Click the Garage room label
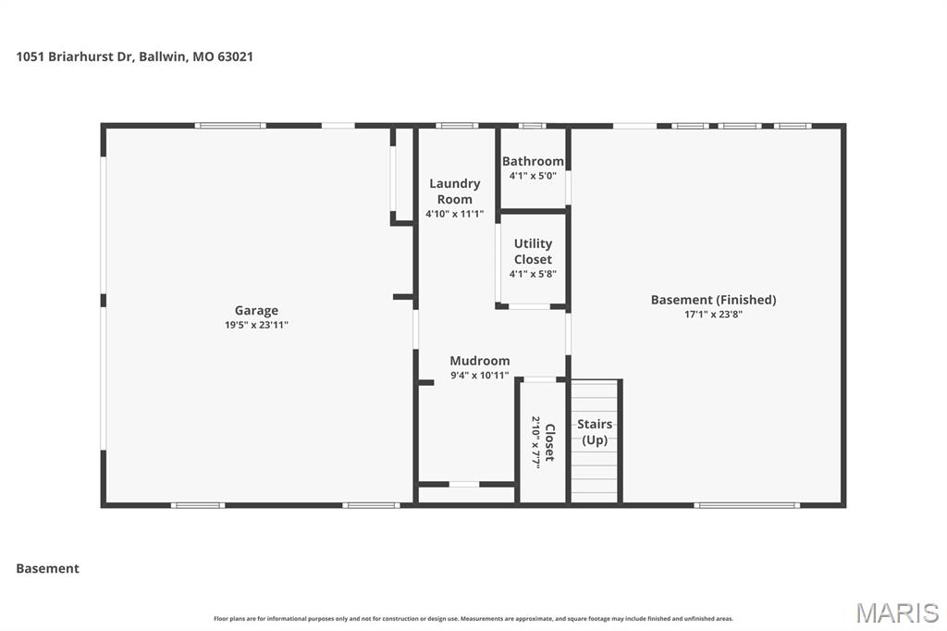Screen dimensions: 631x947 [256, 311]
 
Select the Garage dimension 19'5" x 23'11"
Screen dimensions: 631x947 [256, 325]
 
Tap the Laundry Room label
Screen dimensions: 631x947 [454, 192]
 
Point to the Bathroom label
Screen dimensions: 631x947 [533, 161]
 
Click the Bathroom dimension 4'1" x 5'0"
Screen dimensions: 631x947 [533, 176]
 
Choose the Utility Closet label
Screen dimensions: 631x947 [533, 252]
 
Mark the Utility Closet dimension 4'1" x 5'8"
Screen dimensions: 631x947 [533, 274]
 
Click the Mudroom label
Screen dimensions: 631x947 [479, 361]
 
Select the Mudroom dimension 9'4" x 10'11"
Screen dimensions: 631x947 [479, 376]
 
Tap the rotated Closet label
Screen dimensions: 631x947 [549, 442]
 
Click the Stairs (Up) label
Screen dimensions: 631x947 [595, 432]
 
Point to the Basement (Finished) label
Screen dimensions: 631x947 [713, 300]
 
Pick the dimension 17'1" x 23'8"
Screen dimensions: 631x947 [713, 315]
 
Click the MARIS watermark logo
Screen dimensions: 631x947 [897, 612]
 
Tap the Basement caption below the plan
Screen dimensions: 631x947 [47, 569]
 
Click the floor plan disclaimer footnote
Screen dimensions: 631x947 [473, 619]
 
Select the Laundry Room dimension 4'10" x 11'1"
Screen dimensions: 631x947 [454, 214]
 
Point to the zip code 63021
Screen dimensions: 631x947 [235, 56]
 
